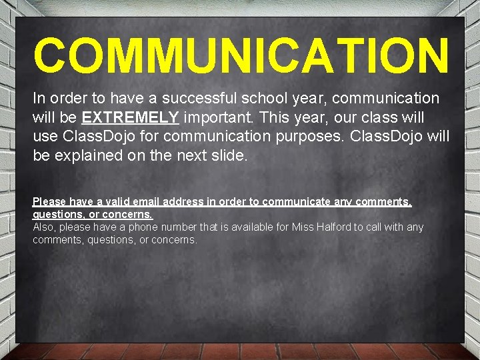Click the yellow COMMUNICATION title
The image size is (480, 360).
click(241, 56)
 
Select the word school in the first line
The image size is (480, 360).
click(269, 99)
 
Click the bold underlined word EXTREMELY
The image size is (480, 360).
click(130, 118)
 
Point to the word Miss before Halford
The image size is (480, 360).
click(303, 227)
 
